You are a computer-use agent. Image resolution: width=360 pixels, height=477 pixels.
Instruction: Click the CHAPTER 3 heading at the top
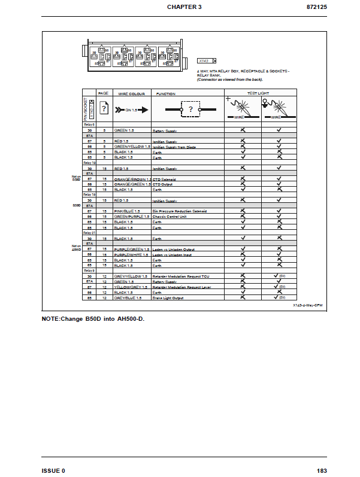[184, 7]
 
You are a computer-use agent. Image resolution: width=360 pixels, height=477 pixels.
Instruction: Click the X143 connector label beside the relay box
[204, 60]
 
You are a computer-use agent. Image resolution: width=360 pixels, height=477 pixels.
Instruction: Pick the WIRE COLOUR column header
[131, 94]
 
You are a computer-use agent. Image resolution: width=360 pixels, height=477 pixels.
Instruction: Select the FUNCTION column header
[166, 94]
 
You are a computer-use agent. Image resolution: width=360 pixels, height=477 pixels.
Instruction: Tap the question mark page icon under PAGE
[103, 110]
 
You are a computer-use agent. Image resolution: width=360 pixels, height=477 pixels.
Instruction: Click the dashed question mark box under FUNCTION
[190, 110]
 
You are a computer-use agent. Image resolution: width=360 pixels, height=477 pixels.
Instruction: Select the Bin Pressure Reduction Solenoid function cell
[180, 211]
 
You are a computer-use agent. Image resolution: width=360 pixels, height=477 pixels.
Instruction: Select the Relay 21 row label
[89, 233]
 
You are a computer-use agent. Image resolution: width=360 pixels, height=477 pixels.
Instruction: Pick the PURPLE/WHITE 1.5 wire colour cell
[131, 254]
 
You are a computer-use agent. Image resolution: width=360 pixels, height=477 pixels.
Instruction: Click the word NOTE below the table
[51, 318]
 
